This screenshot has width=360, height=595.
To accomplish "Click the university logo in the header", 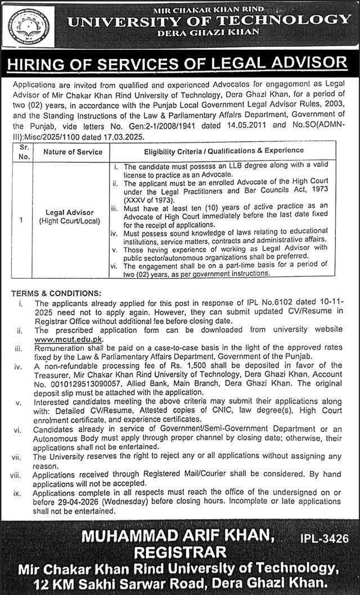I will [x=29, y=25].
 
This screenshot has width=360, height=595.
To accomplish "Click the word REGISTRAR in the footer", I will [x=154, y=552].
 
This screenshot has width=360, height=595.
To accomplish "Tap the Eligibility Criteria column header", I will [x=224, y=151].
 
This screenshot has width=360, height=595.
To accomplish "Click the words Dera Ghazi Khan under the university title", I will [x=208, y=32].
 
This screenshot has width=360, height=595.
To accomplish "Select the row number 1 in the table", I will [x=21, y=220].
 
